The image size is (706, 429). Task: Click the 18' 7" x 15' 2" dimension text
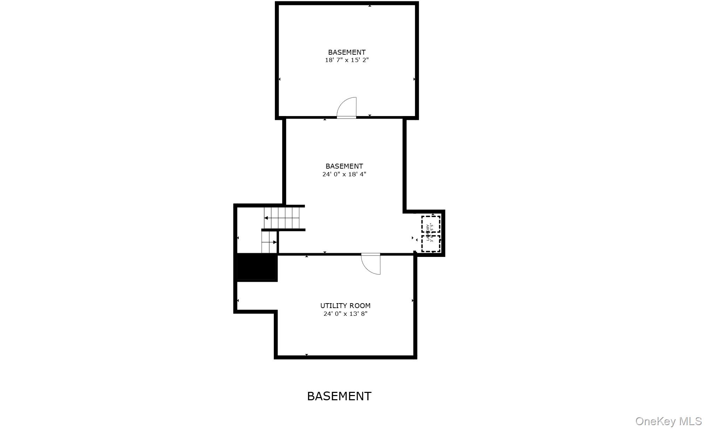(347, 60)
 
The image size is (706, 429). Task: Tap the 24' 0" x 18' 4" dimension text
(344, 174)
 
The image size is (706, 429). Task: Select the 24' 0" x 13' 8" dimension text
(345, 314)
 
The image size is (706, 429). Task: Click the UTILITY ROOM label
(345, 306)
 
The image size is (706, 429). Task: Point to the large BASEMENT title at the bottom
(339, 396)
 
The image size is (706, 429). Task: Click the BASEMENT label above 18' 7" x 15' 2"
(347, 52)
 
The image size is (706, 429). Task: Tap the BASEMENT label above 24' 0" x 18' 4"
(344, 166)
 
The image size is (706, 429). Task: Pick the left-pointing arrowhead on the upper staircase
(266, 218)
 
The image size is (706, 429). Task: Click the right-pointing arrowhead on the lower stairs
(275, 242)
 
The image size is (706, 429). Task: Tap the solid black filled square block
(257, 267)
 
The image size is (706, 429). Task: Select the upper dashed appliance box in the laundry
(431, 224)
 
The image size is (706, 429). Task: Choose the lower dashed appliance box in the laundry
(431, 244)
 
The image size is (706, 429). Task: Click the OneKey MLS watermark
(668, 421)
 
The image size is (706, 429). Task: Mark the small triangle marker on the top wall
(369, 6)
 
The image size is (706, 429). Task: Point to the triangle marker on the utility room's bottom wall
(307, 355)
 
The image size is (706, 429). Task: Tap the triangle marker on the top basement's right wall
(414, 79)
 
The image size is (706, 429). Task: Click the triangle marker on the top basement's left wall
(280, 79)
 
